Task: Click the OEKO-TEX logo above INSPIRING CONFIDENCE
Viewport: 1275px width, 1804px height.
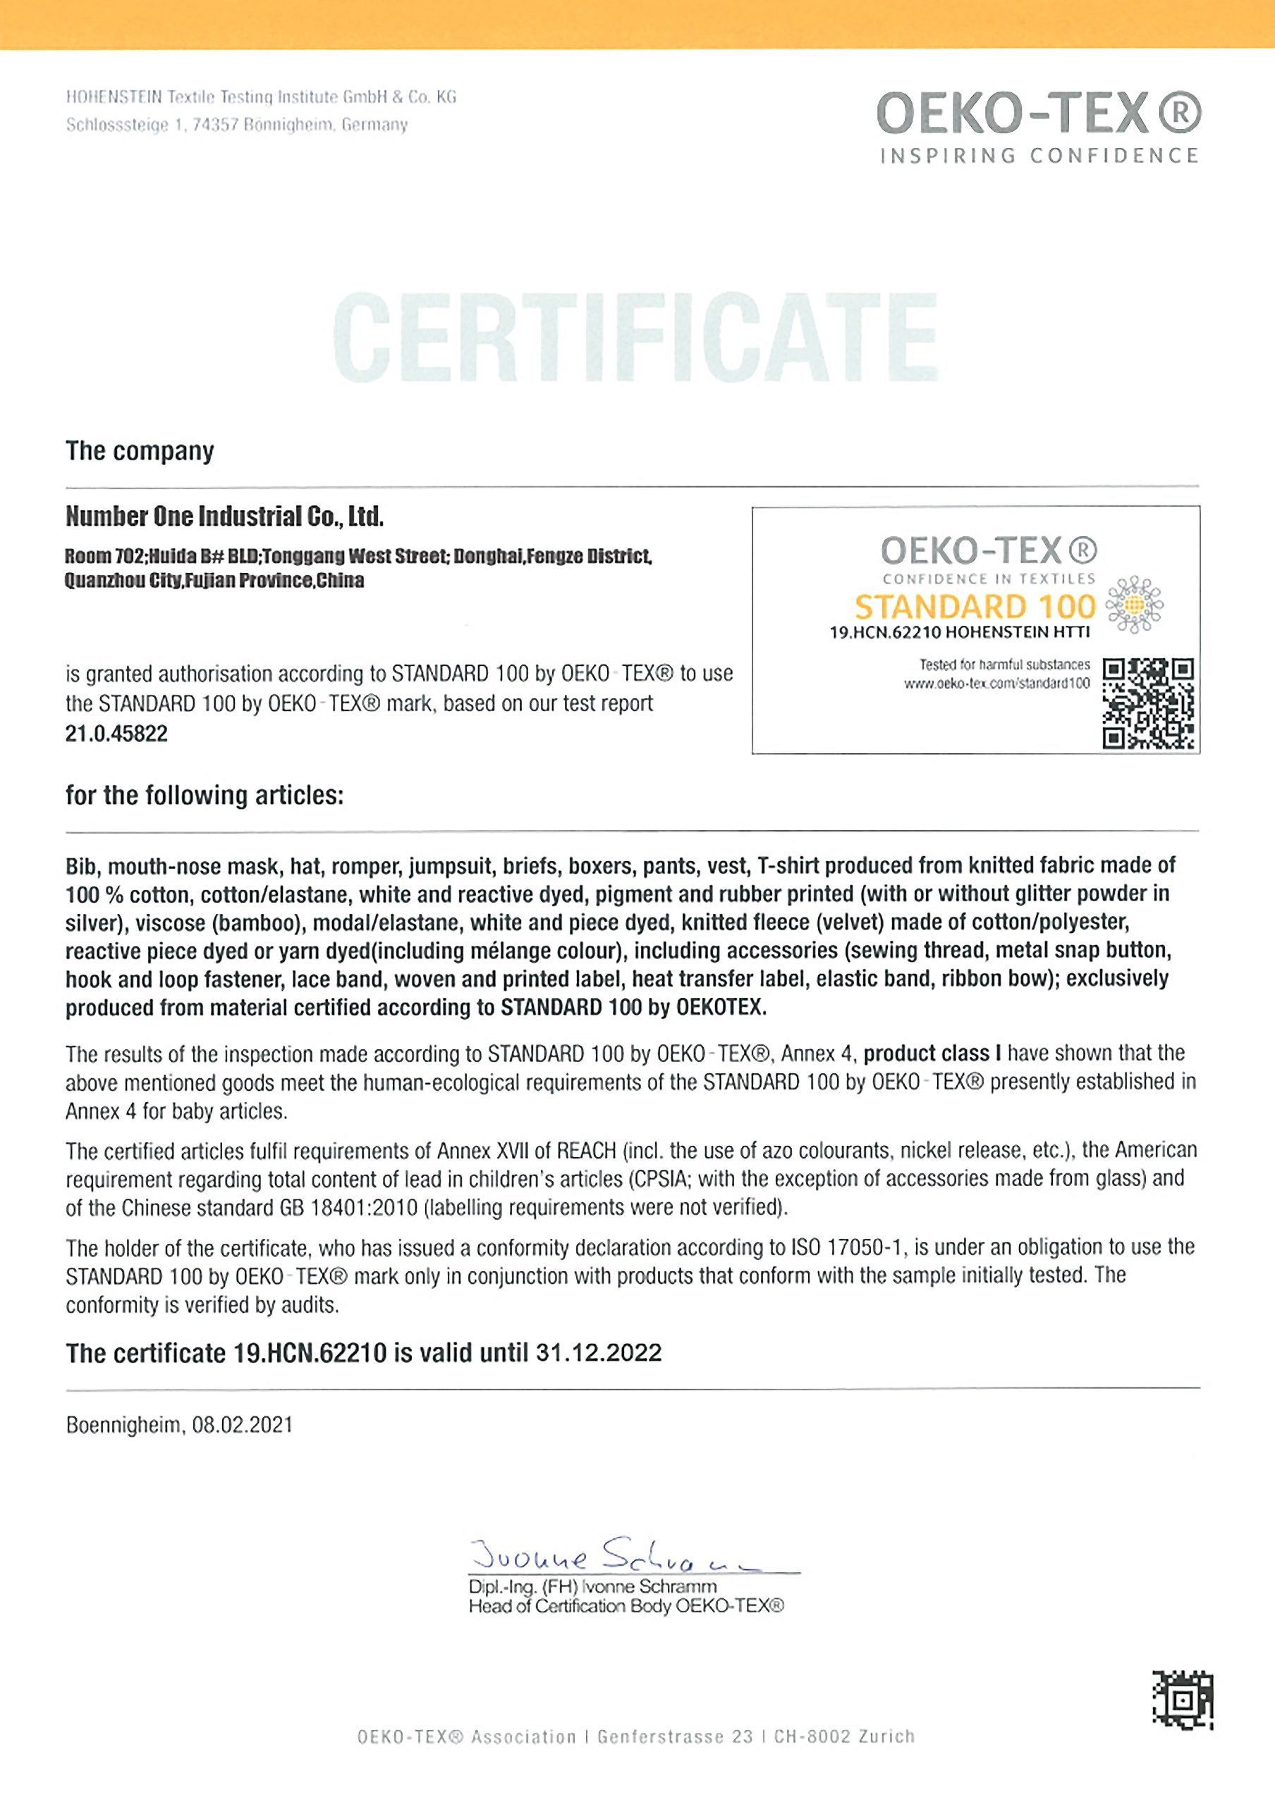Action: (x=1038, y=115)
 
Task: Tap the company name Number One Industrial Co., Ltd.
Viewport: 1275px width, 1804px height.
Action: (x=224, y=517)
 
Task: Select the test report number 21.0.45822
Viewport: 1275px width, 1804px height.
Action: (x=116, y=734)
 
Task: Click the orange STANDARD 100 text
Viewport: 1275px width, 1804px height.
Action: (x=975, y=607)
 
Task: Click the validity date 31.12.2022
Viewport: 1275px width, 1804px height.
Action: (x=599, y=1352)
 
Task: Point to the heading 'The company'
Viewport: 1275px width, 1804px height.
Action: (x=140, y=451)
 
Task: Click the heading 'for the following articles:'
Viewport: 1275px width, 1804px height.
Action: (x=205, y=795)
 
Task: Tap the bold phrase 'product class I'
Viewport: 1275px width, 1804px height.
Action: (x=932, y=1054)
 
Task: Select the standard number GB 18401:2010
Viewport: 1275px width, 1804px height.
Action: (x=348, y=1208)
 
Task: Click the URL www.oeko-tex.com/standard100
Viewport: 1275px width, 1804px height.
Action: (x=996, y=684)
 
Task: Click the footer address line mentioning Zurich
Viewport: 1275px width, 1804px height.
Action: (x=636, y=1736)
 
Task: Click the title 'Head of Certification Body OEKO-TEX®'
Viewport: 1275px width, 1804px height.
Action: (x=626, y=1606)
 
